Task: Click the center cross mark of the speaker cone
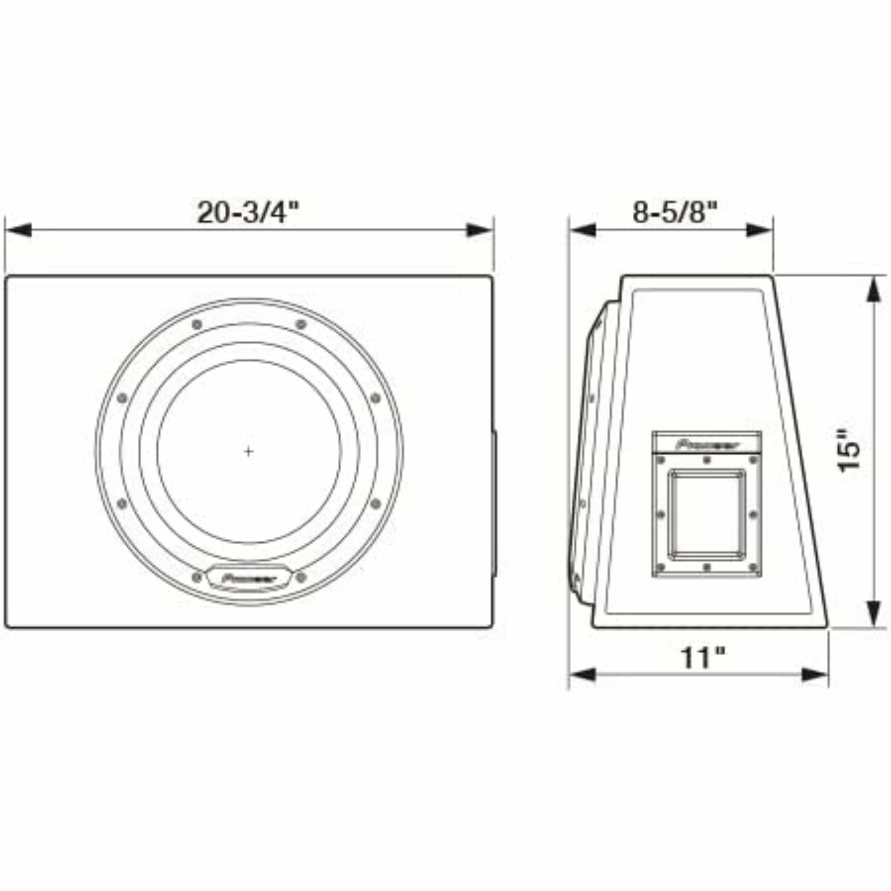click(249, 452)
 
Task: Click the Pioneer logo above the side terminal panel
click(707, 446)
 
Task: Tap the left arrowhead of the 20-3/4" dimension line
click(19, 230)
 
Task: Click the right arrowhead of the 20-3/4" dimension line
click(480, 230)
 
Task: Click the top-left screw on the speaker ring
click(197, 325)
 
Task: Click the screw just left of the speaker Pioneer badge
click(197, 577)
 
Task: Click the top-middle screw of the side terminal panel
click(707, 460)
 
